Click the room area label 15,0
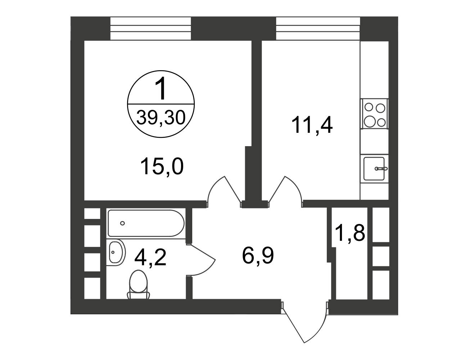pos(162,166)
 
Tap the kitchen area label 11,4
pos(312,125)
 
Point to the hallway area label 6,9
pos(258,255)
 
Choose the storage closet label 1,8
pos(350,233)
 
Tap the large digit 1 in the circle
pos(161,88)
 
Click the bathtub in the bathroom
pos(146,223)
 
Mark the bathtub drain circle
pos(122,223)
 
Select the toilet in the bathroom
pos(139,285)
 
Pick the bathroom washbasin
pos(116,253)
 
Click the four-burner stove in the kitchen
pos(374,114)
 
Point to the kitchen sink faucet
pos(381,168)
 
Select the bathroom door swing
pos(201,260)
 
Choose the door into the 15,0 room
pos(224,192)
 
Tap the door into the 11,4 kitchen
pos(285,192)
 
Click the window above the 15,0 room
pos(150,28)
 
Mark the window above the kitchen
pos(318,28)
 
